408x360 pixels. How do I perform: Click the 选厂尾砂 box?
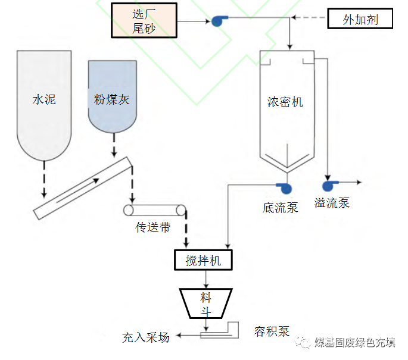pyautogui.click(x=144, y=20)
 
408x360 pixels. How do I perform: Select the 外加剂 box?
pyautogui.click(x=360, y=19)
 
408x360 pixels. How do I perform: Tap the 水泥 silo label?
pyautogui.click(x=44, y=99)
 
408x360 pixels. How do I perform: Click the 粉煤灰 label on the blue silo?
pyautogui.click(x=111, y=99)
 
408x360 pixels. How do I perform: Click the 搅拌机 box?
pyautogui.click(x=203, y=260)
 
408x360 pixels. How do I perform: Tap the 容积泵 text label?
pyautogui.click(x=272, y=332)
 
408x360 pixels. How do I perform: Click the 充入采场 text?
pyautogui.click(x=146, y=337)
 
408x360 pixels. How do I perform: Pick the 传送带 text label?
pyautogui.click(x=153, y=227)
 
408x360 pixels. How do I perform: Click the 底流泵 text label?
pyautogui.click(x=280, y=207)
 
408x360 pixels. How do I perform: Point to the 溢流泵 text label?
pyautogui.click(x=332, y=203)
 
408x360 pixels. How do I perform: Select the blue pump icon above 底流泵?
pyautogui.click(x=285, y=187)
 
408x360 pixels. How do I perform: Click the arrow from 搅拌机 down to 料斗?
pyautogui.click(x=205, y=278)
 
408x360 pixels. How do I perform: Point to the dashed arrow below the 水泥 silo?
pyautogui.click(x=44, y=179)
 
